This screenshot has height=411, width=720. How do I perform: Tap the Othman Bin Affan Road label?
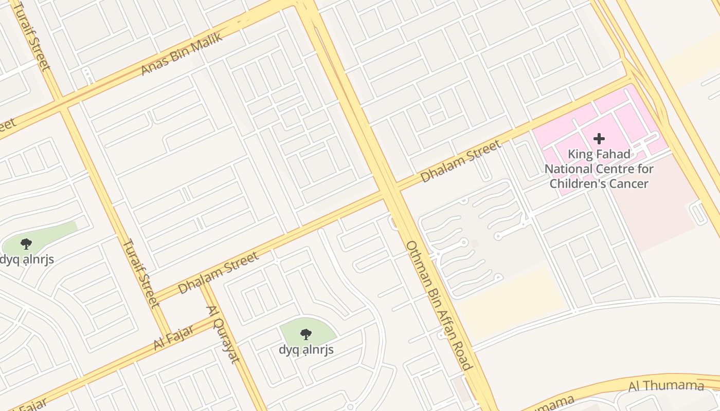(x=439, y=305)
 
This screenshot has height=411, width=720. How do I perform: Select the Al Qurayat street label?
(x=223, y=334)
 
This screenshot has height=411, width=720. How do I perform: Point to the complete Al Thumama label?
(x=666, y=386)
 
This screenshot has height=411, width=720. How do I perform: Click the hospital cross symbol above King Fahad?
(x=599, y=139)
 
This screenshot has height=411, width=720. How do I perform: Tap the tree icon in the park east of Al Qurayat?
(x=306, y=334)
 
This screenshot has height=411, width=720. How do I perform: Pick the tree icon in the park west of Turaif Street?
(x=26, y=244)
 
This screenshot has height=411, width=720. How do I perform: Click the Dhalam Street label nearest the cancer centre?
(x=460, y=161)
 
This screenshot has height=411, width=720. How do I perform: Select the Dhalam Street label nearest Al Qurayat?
(x=219, y=273)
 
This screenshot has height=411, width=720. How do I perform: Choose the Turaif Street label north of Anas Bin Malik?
(x=32, y=35)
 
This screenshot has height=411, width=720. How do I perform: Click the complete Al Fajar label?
(x=174, y=337)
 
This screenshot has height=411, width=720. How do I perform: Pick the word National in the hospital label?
(x=570, y=169)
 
